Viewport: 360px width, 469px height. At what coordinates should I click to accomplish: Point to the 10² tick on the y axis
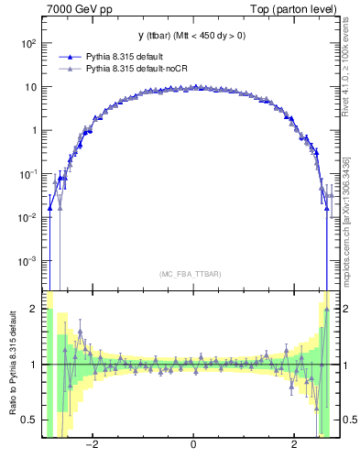27,43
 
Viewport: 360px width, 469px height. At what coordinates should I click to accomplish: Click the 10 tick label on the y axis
30,87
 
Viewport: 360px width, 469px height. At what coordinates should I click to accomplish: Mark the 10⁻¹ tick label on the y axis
27,174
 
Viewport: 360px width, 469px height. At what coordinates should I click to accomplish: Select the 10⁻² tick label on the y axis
27,217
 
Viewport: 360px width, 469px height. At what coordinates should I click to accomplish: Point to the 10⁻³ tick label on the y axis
27,261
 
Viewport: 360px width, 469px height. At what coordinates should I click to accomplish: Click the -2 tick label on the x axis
92,444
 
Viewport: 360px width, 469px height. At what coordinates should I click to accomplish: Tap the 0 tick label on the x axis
192,444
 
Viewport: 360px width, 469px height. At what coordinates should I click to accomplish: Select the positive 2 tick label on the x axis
294,444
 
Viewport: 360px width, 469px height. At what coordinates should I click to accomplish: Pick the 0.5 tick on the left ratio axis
31,420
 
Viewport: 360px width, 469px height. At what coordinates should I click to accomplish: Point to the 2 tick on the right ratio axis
348,310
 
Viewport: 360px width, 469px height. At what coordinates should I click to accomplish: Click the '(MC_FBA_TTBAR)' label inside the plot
192,273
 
